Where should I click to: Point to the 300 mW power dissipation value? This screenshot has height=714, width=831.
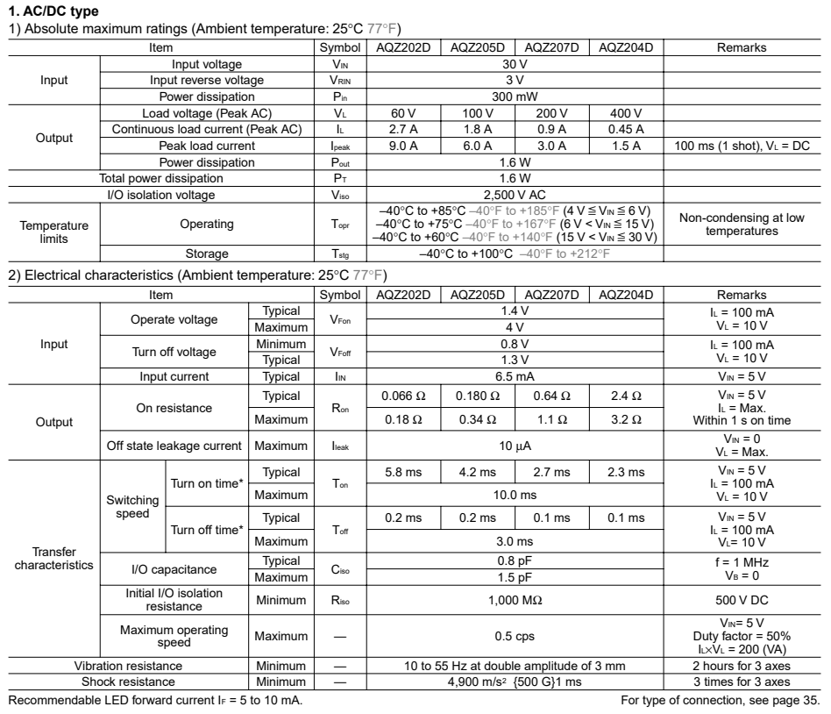point(515,96)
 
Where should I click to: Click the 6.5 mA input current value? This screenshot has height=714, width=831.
point(515,377)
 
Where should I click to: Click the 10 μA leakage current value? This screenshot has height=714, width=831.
point(515,446)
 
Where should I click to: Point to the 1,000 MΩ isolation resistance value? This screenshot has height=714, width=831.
point(515,603)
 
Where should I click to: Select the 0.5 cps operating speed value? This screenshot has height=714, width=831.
point(515,636)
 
